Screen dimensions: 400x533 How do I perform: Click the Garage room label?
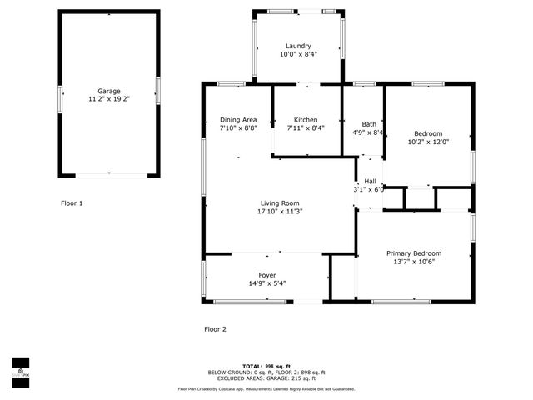pos(108,91)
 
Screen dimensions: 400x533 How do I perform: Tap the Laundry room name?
pos(298,46)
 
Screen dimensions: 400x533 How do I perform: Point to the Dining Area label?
pos(238,120)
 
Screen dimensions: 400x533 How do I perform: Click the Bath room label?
pos(368,124)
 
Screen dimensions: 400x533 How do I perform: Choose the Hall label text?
pos(371,181)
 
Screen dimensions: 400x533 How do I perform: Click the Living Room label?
pos(280,202)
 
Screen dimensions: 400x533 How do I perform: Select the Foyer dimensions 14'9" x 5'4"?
pos(266,283)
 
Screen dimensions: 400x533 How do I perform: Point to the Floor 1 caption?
pos(72,202)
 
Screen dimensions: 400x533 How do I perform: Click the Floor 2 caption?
pos(215,329)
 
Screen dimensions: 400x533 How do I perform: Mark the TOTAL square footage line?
pos(266,366)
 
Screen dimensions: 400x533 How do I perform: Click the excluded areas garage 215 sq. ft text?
pos(266,378)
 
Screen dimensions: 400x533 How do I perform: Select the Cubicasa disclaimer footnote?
pos(266,389)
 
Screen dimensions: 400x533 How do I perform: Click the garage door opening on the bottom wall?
pos(108,175)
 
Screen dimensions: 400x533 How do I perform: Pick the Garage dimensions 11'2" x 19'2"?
pos(108,99)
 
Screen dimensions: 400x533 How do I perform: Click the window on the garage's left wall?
pos(59,97)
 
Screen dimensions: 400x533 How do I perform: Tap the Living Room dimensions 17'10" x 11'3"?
pos(280,211)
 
